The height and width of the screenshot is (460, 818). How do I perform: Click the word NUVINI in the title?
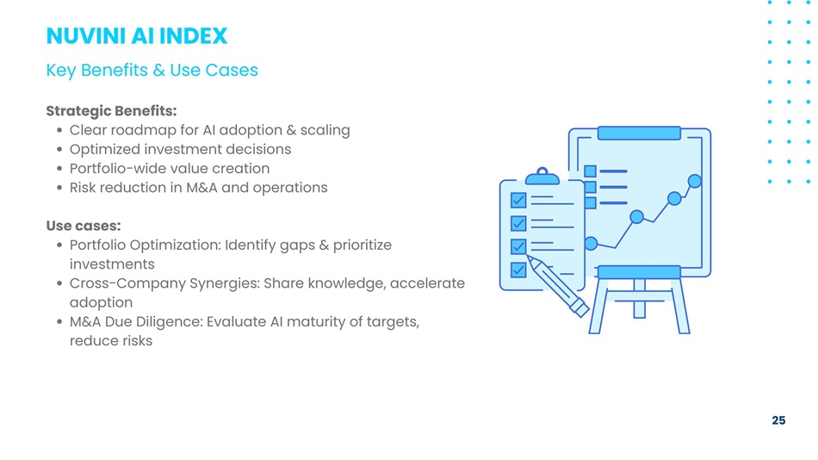[x=86, y=36]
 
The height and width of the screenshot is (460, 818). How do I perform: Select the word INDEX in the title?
[x=193, y=36]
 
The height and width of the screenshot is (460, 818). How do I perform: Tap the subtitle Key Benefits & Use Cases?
[x=152, y=70]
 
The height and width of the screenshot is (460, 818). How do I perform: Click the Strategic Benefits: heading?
[x=111, y=111]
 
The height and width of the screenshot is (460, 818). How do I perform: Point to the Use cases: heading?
[x=84, y=226]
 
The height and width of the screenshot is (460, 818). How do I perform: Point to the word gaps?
[x=297, y=246]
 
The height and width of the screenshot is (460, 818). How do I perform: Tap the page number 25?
[x=778, y=420]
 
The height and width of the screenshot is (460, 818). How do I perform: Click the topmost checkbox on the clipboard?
[x=518, y=200]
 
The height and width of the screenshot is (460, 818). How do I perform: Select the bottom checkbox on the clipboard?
[x=518, y=270]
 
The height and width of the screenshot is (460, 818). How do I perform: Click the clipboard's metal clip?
[x=542, y=177]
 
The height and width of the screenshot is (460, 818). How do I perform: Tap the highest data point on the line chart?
[x=694, y=181]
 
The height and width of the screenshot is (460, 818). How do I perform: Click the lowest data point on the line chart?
[x=591, y=243]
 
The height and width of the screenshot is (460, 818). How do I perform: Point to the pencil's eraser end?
[x=579, y=308]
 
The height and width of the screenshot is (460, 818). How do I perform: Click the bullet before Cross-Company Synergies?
[x=59, y=283]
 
